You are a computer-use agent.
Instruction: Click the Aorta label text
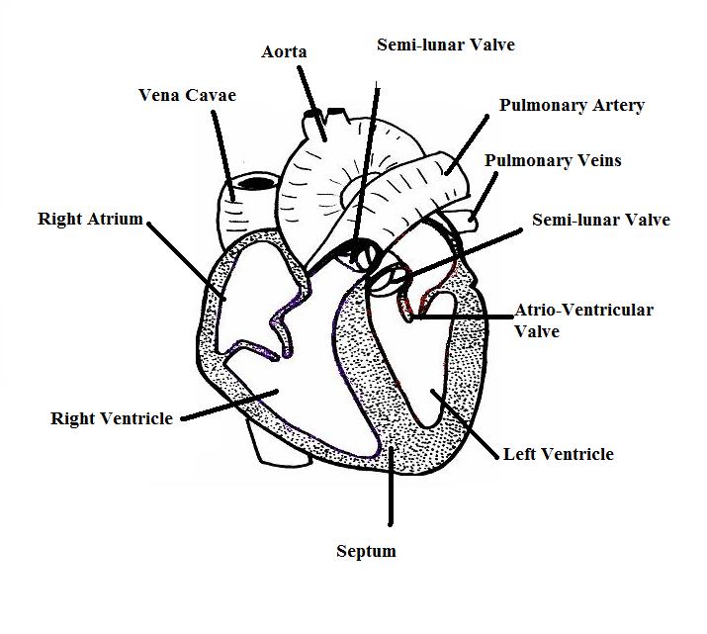click(x=285, y=51)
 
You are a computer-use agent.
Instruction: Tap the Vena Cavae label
click(x=187, y=95)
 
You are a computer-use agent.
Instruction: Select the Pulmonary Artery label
click(x=572, y=105)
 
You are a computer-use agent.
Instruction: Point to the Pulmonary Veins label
click(x=553, y=160)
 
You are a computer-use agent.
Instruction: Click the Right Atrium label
click(x=91, y=219)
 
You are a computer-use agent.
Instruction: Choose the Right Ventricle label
click(x=112, y=418)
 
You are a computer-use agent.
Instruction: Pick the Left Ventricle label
click(x=558, y=454)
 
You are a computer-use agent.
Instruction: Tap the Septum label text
click(x=366, y=551)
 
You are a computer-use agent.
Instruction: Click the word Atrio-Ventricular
click(x=583, y=311)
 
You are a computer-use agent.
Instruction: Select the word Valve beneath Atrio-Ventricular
click(x=537, y=331)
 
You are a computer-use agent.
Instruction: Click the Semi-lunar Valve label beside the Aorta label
click(x=445, y=45)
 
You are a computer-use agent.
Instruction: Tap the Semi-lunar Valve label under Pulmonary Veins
click(x=600, y=220)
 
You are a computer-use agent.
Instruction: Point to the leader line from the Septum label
click(x=392, y=490)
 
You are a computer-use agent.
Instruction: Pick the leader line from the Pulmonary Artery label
click(x=467, y=143)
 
